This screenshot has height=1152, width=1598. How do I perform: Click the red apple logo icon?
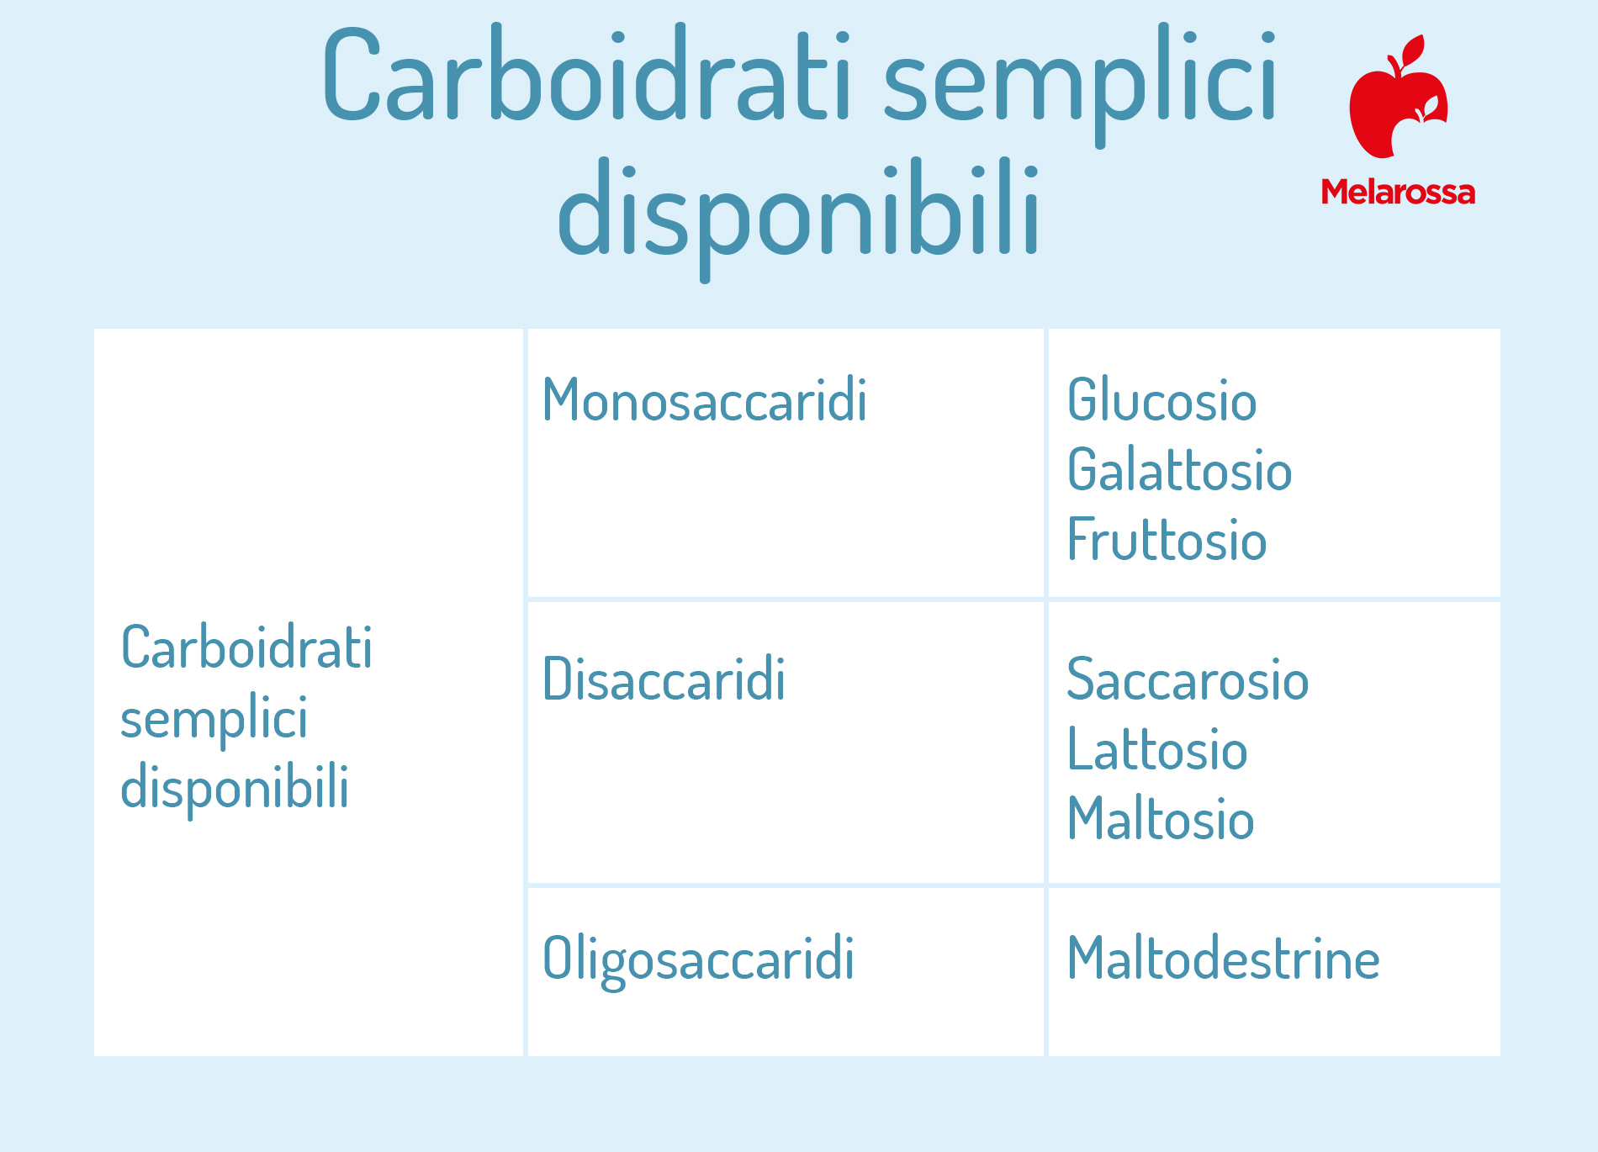pyautogui.click(x=1398, y=96)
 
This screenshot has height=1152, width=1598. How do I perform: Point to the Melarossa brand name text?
pyautogui.click(x=1398, y=192)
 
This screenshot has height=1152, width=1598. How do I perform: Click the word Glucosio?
pyautogui.click(x=1161, y=399)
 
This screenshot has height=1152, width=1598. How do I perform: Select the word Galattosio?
pyautogui.click(x=1179, y=469)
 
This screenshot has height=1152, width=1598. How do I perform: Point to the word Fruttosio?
pyautogui.click(x=1167, y=539)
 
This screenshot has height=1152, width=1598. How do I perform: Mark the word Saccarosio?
pyautogui.click(x=1188, y=679)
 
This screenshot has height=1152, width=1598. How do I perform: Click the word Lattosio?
pyautogui.click(x=1157, y=748)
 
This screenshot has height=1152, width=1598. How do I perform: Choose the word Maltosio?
pyautogui.click(x=1161, y=818)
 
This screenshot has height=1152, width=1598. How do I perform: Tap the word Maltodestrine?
pyautogui.click(x=1223, y=958)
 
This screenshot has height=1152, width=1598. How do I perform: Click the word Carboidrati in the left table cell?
pyautogui.click(x=246, y=647)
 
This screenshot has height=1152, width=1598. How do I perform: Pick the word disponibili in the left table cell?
pyautogui.click(x=235, y=789)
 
